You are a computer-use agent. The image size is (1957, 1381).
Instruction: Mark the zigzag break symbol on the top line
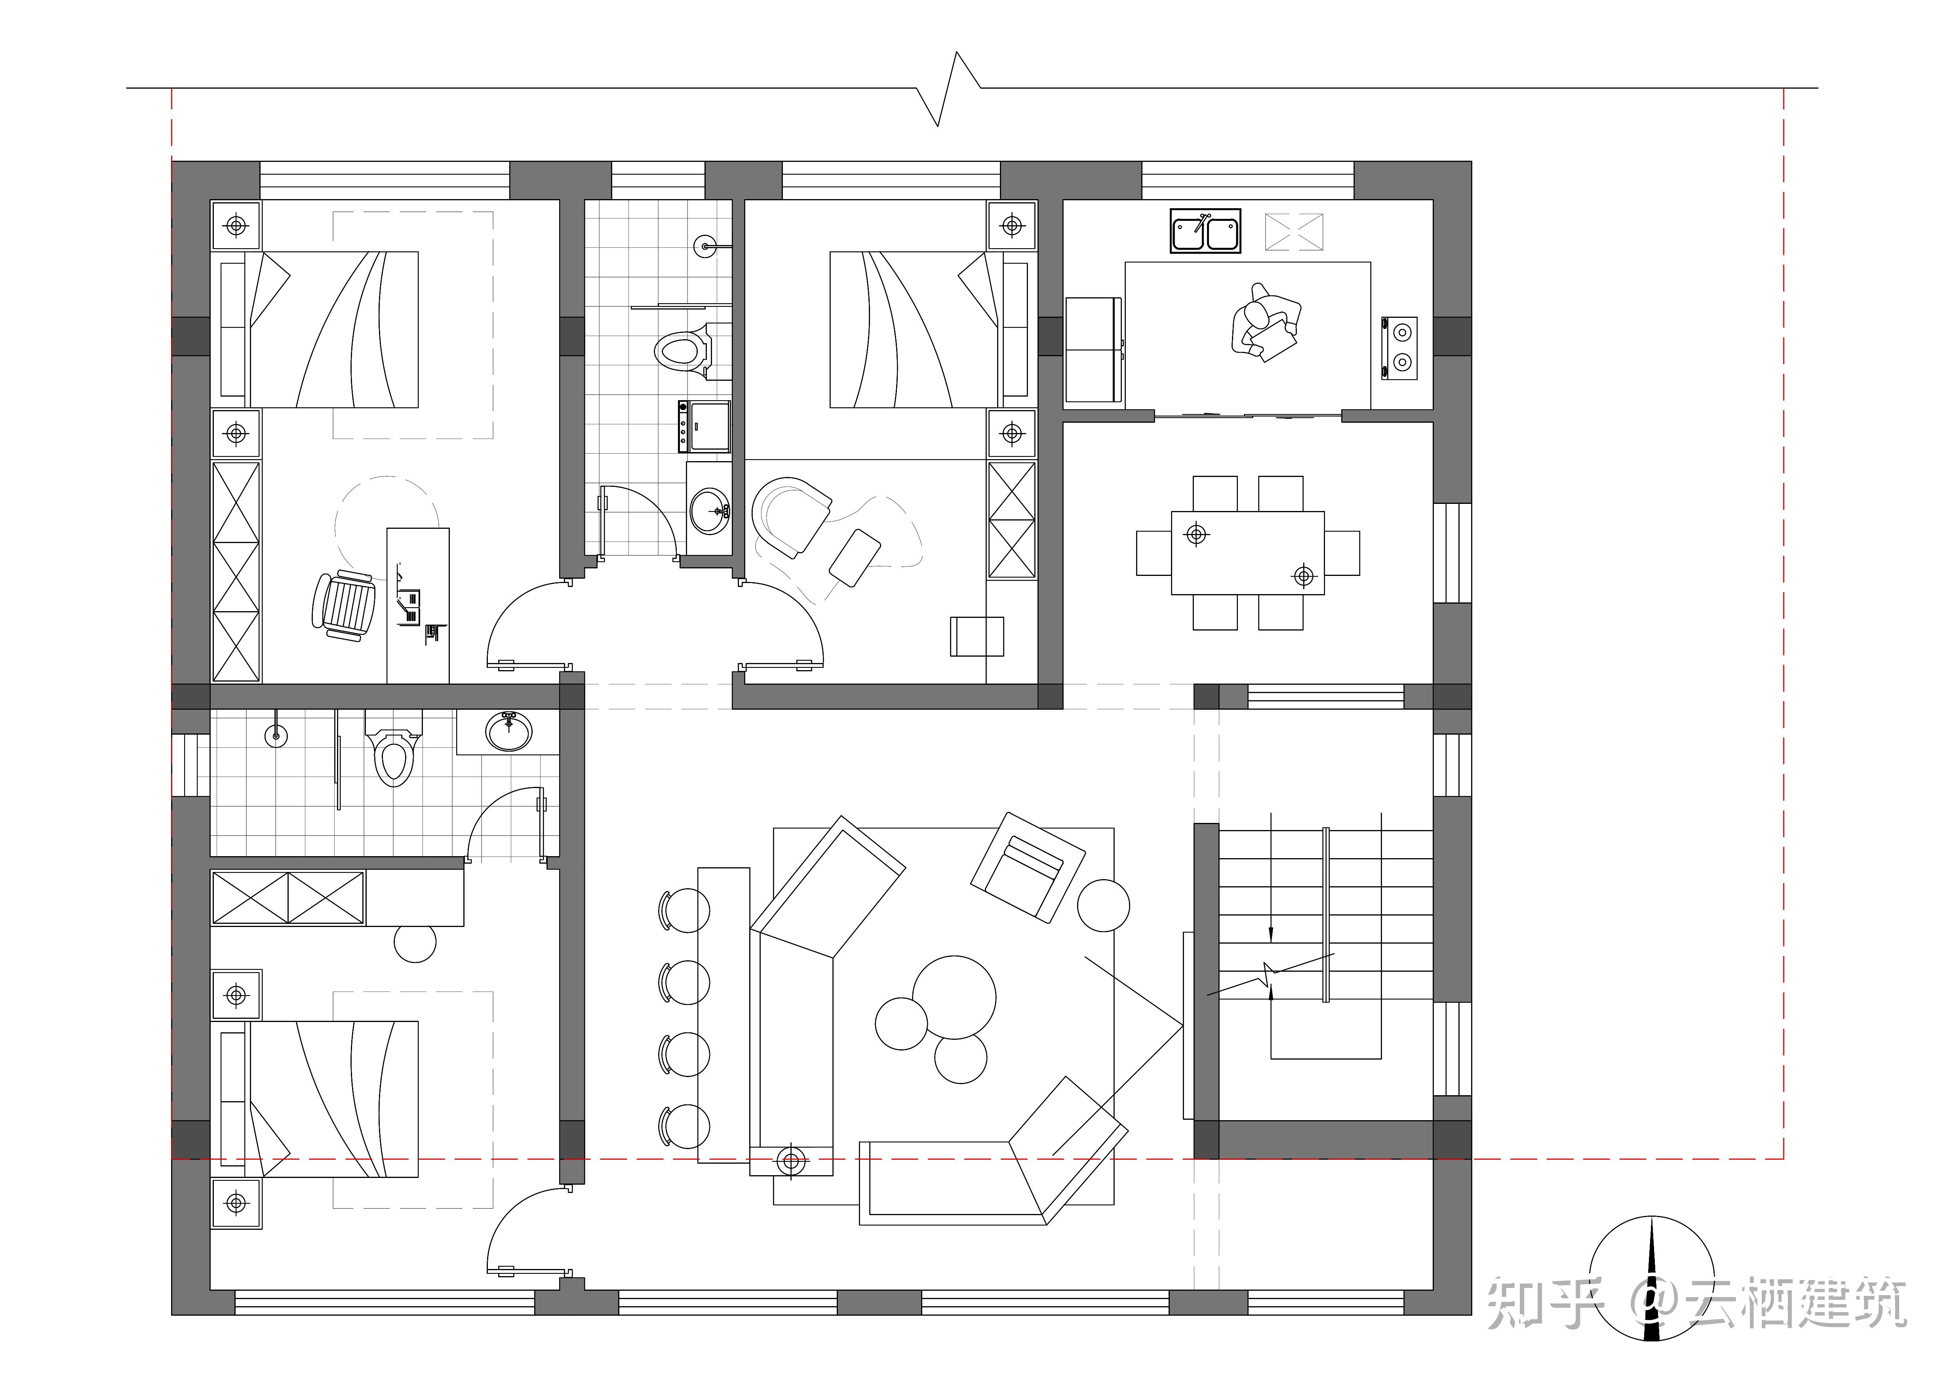pyautogui.click(x=948, y=89)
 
